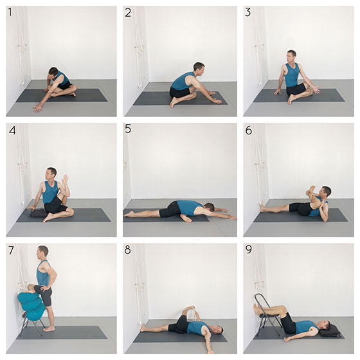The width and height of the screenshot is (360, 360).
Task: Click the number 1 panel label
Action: (x=10, y=12)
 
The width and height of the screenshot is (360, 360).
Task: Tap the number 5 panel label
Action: (x=128, y=129)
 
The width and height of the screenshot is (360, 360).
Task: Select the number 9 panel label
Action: (x=249, y=250)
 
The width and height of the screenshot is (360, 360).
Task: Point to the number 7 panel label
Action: (x=11, y=250)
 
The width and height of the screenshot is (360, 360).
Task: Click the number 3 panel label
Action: (x=248, y=12)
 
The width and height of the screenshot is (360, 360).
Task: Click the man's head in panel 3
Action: (x=291, y=56)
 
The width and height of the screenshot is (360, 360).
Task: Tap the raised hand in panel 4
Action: (x=66, y=181)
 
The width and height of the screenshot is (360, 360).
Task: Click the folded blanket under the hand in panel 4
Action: (x=37, y=213)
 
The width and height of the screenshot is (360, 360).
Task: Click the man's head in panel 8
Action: (x=217, y=330)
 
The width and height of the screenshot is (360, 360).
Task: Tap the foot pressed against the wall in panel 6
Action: (x=262, y=206)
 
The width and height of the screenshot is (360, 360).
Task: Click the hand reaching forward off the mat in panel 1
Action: (x=37, y=108)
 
